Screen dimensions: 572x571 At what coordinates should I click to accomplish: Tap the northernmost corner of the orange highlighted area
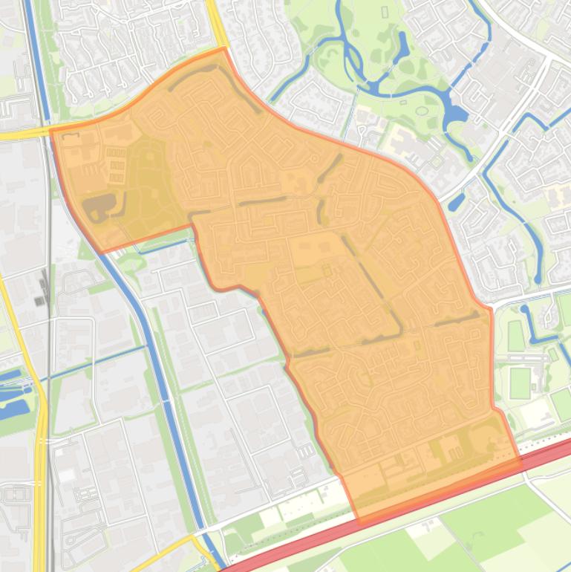pyautogui.click(x=223, y=49)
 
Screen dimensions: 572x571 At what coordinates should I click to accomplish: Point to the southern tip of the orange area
pyautogui.click(x=359, y=522)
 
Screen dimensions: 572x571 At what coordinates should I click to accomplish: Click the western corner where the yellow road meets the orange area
pyautogui.click(x=51, y=131)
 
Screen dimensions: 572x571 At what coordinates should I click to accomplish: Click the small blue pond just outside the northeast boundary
pyautogui.click(x=457, y=201)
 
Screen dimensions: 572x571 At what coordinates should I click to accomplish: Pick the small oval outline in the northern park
pyautogui.click(x=422, y=111)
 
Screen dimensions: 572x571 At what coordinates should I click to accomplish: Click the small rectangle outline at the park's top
pyautogui.click(x=384, y=12)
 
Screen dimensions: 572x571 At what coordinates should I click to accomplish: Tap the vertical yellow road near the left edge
pyautogui.click(x=39, y=483)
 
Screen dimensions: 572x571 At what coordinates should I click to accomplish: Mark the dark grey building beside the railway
pyautogui.click(x=40, y=300)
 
